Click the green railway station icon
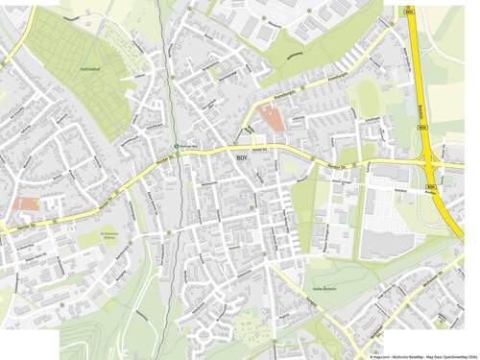click(x=175, y=146)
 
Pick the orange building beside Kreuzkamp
click(x=271, y=121)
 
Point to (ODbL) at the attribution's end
click(x=471, y=355)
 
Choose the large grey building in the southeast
click(x=385, y=245)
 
